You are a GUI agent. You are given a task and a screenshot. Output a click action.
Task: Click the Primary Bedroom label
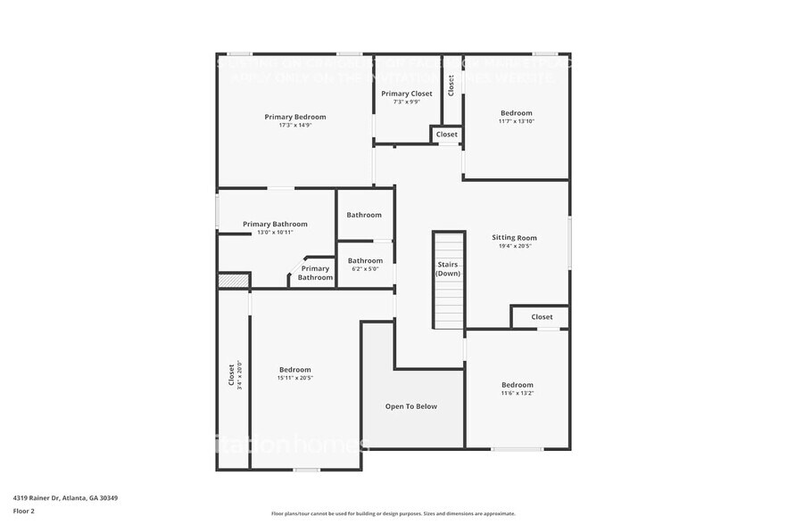pyautogui.click(x=295, y=117)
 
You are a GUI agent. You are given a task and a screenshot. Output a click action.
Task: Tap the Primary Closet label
pyautogui.click(x=406, y=94)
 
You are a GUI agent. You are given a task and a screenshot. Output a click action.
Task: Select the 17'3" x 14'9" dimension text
pyautogui.click(x=295, y=126)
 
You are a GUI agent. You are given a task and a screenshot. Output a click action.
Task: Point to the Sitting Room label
pyautogui.click(x=515, y=238)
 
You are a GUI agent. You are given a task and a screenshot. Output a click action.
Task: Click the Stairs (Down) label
pyautogui.click(x=449, y=269)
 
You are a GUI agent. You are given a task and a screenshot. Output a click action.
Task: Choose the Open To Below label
pyautogui.click(x=411, y=406)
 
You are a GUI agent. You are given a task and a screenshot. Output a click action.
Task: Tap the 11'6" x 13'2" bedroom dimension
pyautogui.click(x=517, y=393)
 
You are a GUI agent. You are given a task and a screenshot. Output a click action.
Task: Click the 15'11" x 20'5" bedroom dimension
pyautogui.click(x=295, y=378)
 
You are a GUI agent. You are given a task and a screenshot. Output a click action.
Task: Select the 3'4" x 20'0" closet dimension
pyautogui.click(x=240, y=375)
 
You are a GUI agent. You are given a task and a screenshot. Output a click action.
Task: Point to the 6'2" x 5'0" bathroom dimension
pyautogui.click(x=365, y=269)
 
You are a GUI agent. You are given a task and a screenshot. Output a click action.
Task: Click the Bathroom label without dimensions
pyautogui.click(x=364, y=215)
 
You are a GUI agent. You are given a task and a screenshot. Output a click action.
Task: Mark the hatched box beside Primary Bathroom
pyautogui.click(x=232, y=280)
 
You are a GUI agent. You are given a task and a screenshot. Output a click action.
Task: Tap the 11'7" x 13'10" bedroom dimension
pyautogui.click(x=517, y=121)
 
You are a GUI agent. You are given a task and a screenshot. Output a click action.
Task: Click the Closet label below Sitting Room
pyautogui.click(x=542, y=316)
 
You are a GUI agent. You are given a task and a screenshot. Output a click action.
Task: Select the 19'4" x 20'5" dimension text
pyautogui.click(x=515, y=247)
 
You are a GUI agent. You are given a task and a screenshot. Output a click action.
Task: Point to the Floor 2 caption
pyautogui.click(x=24, y=511)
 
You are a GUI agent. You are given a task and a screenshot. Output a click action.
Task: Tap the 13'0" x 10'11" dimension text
pyautogui.click(x=276, y=233)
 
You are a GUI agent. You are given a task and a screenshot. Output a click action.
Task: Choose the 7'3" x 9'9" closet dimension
pyautogui.click(x=407, y=102)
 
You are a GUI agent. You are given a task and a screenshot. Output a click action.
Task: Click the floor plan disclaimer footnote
pyautogui.click(x=393, y=513)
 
